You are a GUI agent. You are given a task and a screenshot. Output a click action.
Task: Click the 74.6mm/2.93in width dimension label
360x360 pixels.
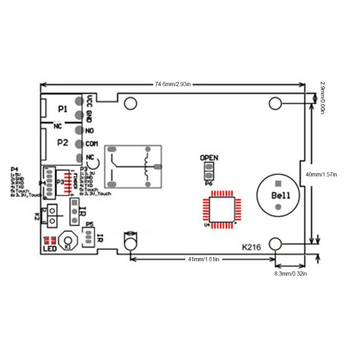click(173, 84)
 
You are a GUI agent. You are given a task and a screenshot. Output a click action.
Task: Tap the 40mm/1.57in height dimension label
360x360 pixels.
click(321, 174)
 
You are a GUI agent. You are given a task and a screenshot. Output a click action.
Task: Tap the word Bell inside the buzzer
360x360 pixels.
click(281, 196)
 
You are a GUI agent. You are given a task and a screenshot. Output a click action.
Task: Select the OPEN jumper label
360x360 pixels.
click(209, 157)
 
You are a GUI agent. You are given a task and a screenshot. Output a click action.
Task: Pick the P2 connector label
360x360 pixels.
click(63, 142)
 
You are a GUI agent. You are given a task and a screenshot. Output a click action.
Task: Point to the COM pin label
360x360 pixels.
click(91, 144)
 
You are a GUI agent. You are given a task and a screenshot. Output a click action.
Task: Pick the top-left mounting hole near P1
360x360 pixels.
click(130, 103)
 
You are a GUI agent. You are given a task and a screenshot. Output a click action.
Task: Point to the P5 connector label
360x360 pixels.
click(89, 224)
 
